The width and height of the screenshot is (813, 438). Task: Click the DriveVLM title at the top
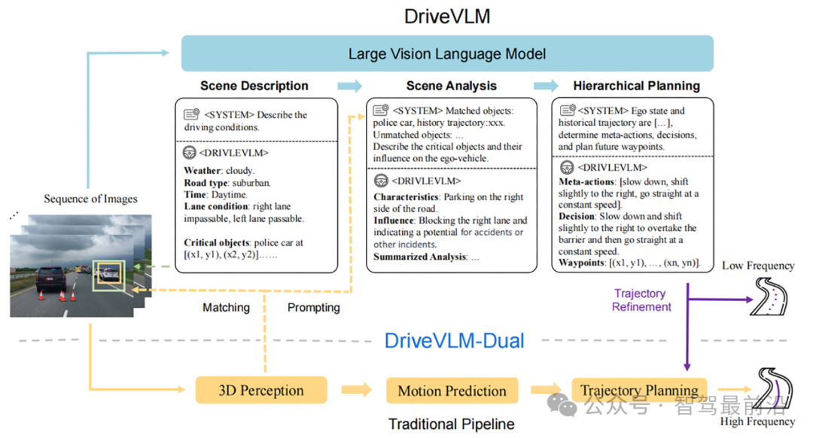[447, 16]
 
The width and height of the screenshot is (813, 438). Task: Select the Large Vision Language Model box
[447, 53]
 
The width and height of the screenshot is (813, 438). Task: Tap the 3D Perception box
[261, 391]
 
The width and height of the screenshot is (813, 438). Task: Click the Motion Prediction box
[452, 391]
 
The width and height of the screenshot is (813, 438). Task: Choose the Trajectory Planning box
[639, 390]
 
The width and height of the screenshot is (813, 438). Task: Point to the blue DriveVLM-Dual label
[454, 341]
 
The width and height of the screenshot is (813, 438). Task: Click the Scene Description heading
[254, 86]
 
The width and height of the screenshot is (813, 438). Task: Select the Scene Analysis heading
[451, 86]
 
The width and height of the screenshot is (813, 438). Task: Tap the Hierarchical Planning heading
[637, 86]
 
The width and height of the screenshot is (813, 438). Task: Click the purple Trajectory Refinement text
[641, 300]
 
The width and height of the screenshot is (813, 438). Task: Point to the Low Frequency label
[758, 266]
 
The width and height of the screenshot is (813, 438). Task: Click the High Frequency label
[757, 421]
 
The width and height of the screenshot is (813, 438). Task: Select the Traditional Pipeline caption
[452, 424]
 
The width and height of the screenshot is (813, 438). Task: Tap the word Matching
[226, 307]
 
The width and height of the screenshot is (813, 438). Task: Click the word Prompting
[314, 307]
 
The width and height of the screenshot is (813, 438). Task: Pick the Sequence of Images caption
[91, 199]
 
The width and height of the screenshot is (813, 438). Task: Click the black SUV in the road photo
[51, 279]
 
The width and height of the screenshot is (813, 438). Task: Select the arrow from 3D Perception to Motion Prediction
[357, 390]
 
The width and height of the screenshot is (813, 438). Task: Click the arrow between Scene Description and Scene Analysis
[349, 86]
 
